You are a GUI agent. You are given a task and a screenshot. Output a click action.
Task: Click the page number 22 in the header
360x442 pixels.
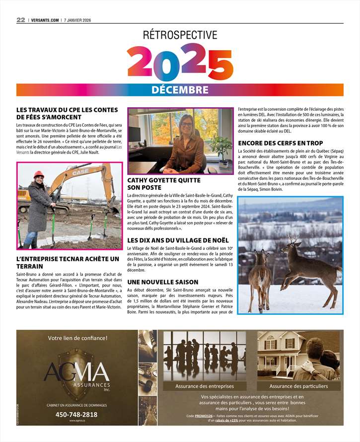(x=20, y=20)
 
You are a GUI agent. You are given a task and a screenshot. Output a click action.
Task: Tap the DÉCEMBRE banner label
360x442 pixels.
(x=180, y=90)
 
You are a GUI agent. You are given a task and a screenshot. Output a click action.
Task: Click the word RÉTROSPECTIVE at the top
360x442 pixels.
(x=180, y=35)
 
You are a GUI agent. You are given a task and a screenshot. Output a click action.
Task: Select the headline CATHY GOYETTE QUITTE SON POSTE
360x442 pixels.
(x=164, y=184)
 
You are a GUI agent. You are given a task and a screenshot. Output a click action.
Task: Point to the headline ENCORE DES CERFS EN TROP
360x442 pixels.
(x=281, y=143)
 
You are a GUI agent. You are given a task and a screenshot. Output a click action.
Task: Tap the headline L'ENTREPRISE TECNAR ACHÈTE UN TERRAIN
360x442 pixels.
(x=68, y=263)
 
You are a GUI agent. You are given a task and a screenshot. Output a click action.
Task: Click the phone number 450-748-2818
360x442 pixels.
(x=76, y=414)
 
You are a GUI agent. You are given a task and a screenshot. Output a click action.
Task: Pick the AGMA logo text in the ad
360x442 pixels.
(x=76, y=372)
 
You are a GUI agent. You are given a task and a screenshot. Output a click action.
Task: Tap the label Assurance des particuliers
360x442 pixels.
(x=298, y=386)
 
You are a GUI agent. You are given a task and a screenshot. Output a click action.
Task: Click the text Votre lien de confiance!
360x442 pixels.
(x=77, y=338)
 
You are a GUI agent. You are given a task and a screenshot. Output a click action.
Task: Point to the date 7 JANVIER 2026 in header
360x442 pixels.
(x=81, y=20)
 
